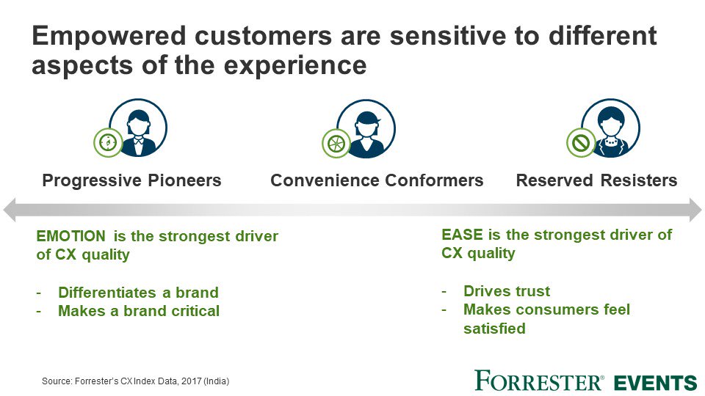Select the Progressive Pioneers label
pos(132,180)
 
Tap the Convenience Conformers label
pos(377,180)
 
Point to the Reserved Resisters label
pos(596,180)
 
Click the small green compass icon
pos(108,142)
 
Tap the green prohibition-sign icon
pos(581,142)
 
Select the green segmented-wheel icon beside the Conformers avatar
pos(336,142)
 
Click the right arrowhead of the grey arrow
pos(694,210)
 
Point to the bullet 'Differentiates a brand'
pos(138,292)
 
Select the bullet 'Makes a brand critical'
pos(138,311)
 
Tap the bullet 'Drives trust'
pos(507,290)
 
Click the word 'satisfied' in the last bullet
pos(494,329)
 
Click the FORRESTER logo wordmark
pos(539,381)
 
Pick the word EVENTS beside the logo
pos(655,382)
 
